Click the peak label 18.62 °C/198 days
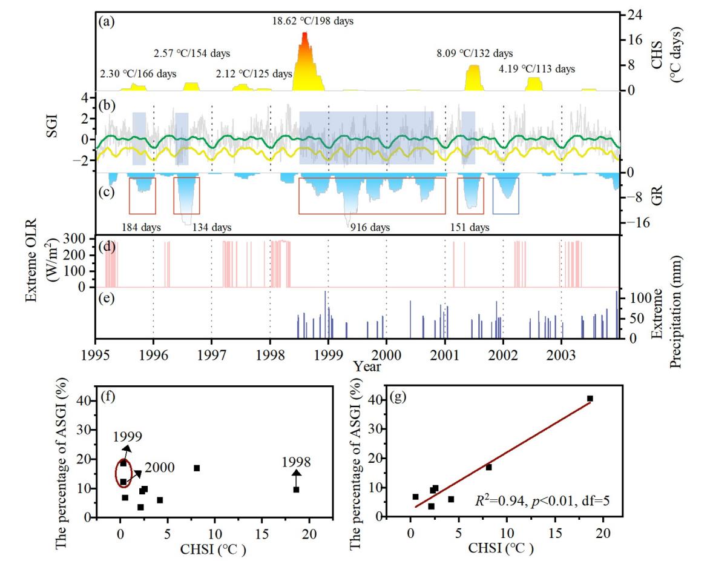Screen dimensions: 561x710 (x=312, y=21)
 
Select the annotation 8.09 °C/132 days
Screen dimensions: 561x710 (x=475, y=53)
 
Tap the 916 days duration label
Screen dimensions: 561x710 (x=370, y=228)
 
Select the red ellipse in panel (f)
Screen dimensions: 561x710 (x=123, y=473)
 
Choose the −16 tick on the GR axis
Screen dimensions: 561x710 (x=639, y=222)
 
